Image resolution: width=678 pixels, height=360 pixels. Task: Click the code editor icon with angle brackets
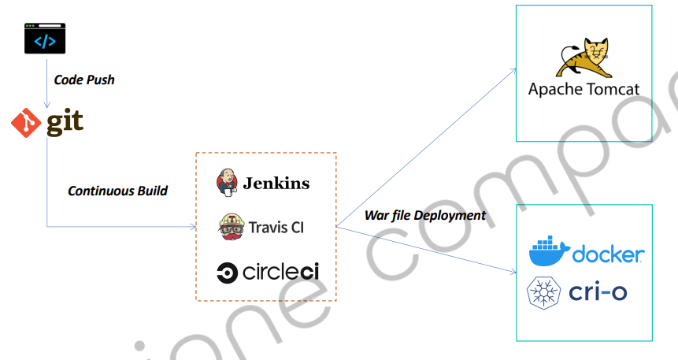pos(45,39)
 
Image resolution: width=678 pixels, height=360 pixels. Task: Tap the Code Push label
pos(84,80)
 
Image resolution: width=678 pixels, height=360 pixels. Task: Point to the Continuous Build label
pos(117,191)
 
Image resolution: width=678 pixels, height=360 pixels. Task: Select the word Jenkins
pos(276,184)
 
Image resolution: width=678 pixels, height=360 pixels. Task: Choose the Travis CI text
pos(276,228)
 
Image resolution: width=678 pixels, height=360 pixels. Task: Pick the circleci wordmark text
pos(280,273)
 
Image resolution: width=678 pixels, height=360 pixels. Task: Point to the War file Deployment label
pos(425,216)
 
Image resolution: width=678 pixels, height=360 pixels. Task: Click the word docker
pos(609,254)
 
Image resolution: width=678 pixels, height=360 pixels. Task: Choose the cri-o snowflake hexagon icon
pos(543,292)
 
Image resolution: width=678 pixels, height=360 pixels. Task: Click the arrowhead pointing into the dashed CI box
pos(191,228)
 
